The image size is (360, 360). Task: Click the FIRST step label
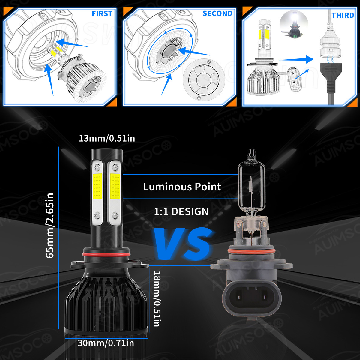(102, 14)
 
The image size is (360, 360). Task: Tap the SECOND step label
(217, 13)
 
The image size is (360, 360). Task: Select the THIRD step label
(343, 15)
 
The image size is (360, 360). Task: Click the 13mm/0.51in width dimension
(107, 138)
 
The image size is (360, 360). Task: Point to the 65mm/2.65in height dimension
(50, 225)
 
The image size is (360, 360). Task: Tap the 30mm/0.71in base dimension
(106, 343)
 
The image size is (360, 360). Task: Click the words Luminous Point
(182, 187)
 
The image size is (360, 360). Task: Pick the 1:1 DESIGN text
(181, 211)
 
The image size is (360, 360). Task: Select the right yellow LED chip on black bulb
(115, 187)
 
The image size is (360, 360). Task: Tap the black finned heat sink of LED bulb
(107, 303)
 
